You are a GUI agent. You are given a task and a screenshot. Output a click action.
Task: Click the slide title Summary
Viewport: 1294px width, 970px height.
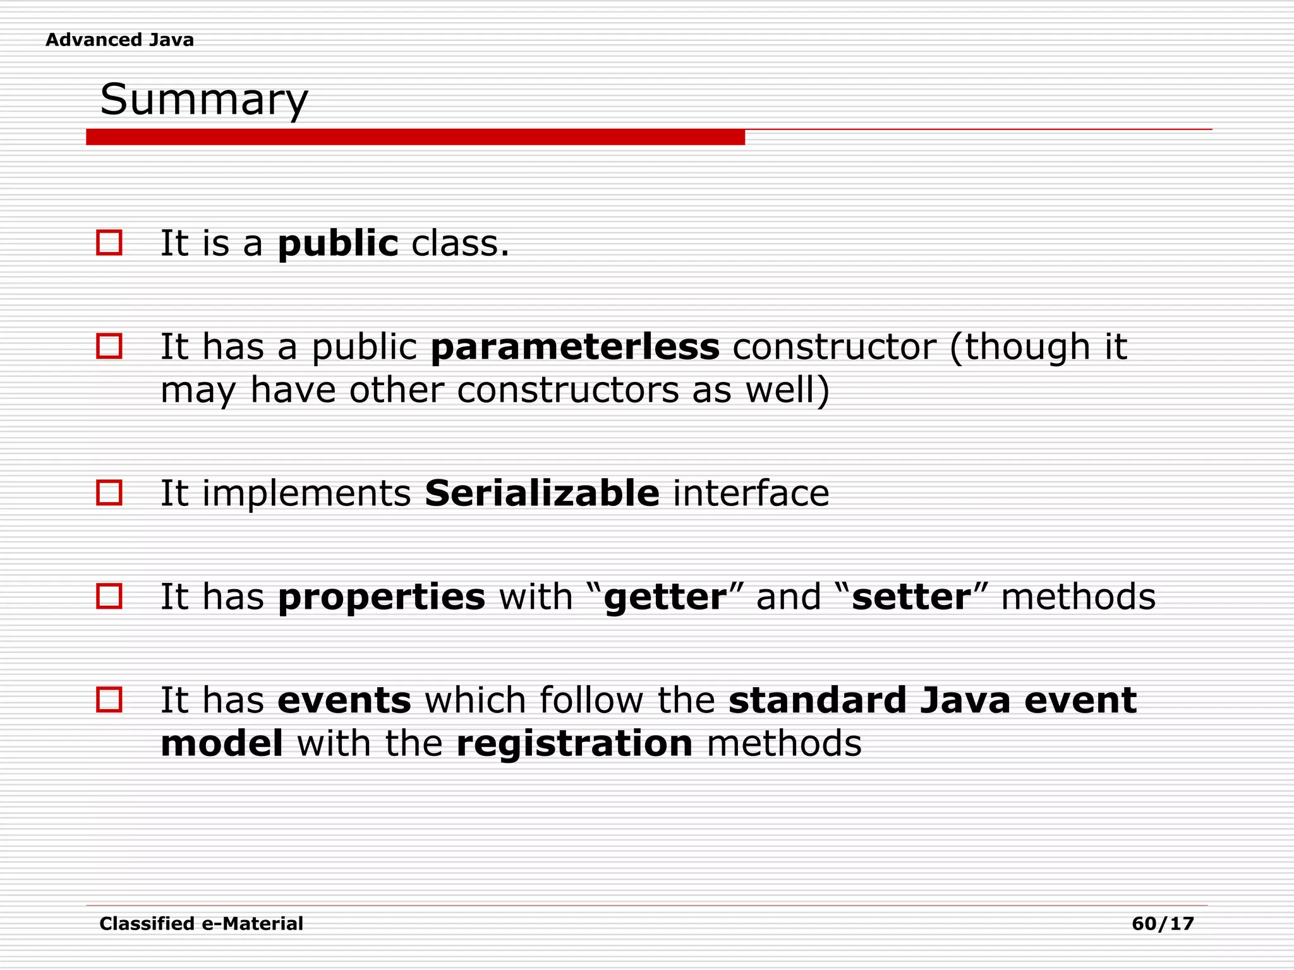203,100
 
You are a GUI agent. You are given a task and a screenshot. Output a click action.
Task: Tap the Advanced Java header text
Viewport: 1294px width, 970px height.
119,40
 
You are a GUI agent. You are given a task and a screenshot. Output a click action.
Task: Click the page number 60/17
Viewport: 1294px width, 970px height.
1163,924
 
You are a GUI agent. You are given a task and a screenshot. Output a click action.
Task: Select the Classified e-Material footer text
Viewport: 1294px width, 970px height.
201,924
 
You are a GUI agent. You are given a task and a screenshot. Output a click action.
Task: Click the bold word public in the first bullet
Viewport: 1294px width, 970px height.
338,244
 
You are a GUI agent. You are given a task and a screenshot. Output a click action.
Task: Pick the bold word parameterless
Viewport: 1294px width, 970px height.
575,347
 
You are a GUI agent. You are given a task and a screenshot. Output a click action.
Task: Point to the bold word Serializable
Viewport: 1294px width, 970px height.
542,493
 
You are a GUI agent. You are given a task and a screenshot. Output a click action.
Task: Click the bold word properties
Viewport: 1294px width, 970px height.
381,597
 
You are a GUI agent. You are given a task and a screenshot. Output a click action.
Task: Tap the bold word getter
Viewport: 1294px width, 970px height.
665,597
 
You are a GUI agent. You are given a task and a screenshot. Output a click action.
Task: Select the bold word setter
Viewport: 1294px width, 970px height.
910,597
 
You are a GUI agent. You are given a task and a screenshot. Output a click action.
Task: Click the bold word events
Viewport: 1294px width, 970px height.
344,700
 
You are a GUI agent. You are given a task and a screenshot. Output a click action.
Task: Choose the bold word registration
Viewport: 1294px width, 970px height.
574,743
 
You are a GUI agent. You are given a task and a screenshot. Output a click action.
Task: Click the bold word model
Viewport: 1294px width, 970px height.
222,743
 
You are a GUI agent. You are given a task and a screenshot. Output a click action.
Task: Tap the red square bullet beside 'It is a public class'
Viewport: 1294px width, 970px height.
109,242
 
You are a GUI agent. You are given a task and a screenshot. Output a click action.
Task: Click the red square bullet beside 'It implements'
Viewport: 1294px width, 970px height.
109,492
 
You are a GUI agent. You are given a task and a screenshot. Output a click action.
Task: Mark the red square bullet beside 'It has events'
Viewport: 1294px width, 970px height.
109,700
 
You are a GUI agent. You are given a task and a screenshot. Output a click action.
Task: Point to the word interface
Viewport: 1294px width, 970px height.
751,493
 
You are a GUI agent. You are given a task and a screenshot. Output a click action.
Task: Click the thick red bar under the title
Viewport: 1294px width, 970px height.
415,137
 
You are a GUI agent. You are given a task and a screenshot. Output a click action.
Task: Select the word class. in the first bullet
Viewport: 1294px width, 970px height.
460,244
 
